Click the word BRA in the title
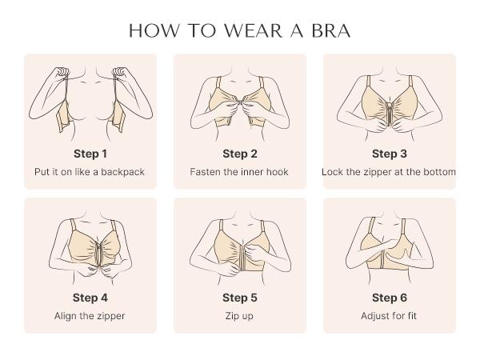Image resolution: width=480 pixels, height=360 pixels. tap(329, 30)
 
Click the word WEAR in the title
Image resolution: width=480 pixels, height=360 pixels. tap(250, 30)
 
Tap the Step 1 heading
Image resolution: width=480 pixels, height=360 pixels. tap(90, 154)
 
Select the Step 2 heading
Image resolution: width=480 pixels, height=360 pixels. tap(239, 154)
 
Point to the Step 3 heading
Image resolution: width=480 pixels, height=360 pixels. tap(389, 154)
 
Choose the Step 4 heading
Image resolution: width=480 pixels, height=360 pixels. tap(90, 298)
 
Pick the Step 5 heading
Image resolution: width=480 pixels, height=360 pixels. tap(239, 298)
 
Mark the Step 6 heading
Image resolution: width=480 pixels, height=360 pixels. tap(389, 298)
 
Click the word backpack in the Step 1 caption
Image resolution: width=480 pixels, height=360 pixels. tap(122, 172)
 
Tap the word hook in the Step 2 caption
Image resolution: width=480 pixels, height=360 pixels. tap(277, 172)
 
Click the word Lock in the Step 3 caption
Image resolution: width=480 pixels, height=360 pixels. tap(333, 172)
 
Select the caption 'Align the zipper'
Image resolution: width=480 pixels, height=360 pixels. tap(90, 316)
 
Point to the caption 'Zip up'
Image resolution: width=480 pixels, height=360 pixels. tap(239, 316)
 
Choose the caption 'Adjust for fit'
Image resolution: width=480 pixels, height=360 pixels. tap(389, 316)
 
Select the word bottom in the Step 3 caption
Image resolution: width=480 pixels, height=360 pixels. tap(439, 172)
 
